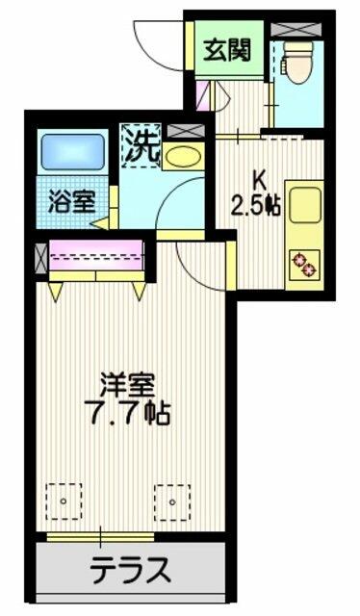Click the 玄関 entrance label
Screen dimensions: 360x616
pos(227,51)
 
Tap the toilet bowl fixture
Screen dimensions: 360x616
pos(297,62)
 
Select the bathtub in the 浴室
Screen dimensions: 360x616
pos(73,152)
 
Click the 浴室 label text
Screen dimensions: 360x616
pos(72,202)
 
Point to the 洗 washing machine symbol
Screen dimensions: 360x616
pos(141,145)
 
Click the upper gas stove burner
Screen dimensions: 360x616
pos(299,259)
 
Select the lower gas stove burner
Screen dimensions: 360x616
pos(310,269)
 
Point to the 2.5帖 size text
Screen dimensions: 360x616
pos(255,206)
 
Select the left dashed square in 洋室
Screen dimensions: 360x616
pos(64,501)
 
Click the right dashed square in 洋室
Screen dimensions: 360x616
pos(172,502)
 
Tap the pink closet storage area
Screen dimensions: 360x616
pos(96,255)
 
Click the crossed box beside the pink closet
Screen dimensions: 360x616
pos(40,259)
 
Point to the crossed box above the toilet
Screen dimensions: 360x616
pos(296,30)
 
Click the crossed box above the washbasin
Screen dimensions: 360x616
pos(186,131)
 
